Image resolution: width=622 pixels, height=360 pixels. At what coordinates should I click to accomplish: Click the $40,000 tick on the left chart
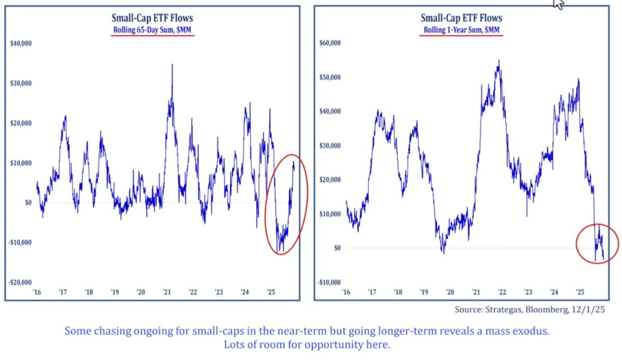[x=21, y=43]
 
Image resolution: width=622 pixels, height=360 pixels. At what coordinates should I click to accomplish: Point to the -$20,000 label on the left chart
[x=21, y=282]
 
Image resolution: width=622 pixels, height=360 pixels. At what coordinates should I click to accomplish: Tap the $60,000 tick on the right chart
[x=330, y=43]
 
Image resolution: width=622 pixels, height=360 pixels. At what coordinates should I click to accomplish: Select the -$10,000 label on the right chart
[x=330, y=282]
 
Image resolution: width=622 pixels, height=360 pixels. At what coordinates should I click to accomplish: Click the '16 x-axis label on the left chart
[x=36, y=293]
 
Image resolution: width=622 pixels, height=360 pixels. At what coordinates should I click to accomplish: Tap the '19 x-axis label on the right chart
[x=424, y=293]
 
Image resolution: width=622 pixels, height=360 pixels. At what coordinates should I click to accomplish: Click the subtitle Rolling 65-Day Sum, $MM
[x=153, y=30]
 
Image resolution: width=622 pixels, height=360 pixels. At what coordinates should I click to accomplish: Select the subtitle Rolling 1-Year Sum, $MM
[x=461, y=30]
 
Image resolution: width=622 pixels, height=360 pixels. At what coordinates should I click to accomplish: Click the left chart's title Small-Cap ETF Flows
[x=153, y=19]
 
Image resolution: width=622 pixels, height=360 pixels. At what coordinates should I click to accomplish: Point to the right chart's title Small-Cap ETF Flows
[x=461, y=19]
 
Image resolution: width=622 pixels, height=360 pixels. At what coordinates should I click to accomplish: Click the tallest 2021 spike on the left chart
[x=172, y=65]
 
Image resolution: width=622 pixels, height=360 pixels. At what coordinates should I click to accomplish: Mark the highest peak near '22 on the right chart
[x=499, y=61]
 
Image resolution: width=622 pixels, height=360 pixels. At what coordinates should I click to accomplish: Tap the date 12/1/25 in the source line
[x=589, y=310]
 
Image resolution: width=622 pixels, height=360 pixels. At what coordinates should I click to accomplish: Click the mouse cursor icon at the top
[x=559, y=4]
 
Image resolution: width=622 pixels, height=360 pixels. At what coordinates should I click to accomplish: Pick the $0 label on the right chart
[x=337, y=248]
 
